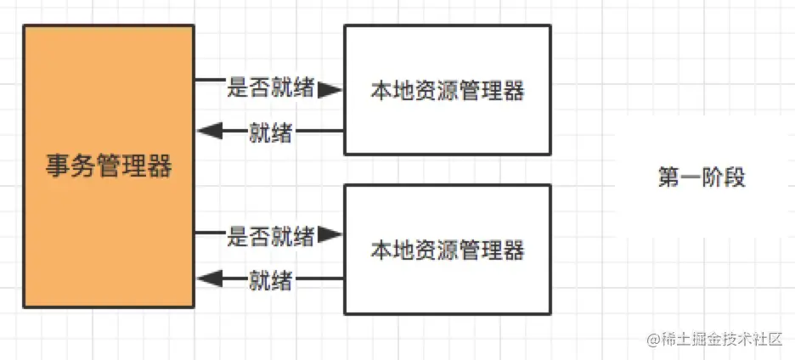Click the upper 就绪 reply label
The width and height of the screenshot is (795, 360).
coord(272,132)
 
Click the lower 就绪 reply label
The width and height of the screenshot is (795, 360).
coord(272,280)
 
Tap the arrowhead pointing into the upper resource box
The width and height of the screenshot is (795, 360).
coord(330,89)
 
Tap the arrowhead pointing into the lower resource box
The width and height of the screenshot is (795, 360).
coord(330,235)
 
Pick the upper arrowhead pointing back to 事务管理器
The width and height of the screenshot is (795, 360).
coord(209,132)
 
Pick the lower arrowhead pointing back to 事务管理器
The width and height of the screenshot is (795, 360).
coord(209,279)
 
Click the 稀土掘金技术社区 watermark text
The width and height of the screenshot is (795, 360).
coord(721,340)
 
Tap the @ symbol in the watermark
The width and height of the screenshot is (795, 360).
coord(653,340)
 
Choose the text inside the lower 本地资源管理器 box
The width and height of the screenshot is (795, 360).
coord(448,250)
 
